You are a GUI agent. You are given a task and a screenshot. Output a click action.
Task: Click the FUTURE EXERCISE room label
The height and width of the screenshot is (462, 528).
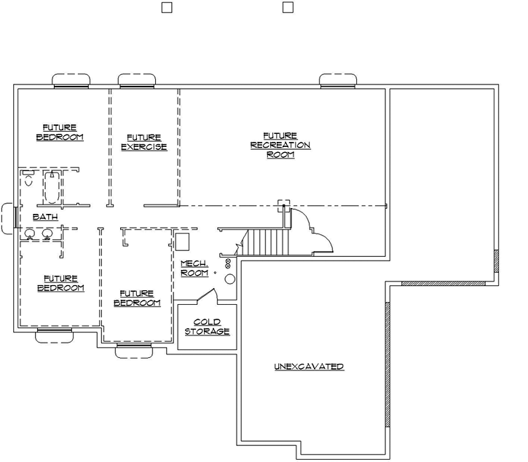(143, 142)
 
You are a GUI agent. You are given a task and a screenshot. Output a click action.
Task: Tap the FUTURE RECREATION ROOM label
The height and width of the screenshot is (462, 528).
(280, 145)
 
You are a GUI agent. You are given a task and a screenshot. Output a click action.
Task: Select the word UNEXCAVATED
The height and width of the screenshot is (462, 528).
(309, 367)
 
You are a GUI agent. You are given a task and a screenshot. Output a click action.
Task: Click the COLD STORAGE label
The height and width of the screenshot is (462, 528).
(208, 327)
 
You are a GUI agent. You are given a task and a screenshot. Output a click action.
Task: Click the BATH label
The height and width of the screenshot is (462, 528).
(45, 217)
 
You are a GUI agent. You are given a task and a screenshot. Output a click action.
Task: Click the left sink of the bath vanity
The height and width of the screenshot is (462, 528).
(30, 234)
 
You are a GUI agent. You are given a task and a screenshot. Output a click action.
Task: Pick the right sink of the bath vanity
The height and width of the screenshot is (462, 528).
(47, 234)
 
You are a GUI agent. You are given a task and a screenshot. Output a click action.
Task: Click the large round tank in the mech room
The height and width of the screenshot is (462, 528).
(229, 279)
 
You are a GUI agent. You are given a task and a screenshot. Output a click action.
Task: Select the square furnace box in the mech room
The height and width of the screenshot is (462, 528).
(184, 242)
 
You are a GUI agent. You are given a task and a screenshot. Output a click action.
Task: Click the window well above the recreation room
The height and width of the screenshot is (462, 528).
(337, 79)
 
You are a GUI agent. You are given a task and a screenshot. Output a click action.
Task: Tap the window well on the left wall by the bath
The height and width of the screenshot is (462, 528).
(9, 218)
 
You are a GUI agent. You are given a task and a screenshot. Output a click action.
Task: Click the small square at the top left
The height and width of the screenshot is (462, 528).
(166, 8)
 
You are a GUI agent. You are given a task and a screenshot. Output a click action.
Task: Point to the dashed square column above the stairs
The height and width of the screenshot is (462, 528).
(284, 205)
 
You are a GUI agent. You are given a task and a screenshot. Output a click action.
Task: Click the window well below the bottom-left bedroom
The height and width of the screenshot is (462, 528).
(55, 335)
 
